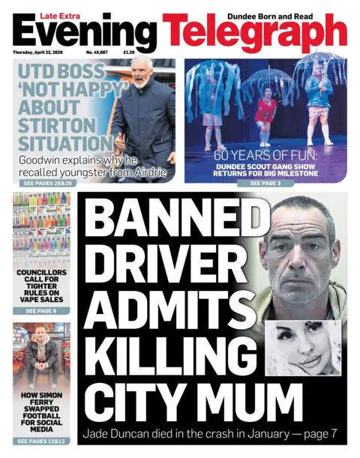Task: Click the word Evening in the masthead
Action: click(84, 32)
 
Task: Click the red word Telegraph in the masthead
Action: click(255, 32)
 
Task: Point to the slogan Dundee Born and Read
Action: click(293, 7)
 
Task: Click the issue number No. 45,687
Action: click(98, 52)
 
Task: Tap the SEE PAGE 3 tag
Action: click(265, 183)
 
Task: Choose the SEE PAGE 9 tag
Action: click(41, 310)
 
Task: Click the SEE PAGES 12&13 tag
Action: click(41, 442)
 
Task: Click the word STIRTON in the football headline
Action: click(57, 124)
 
